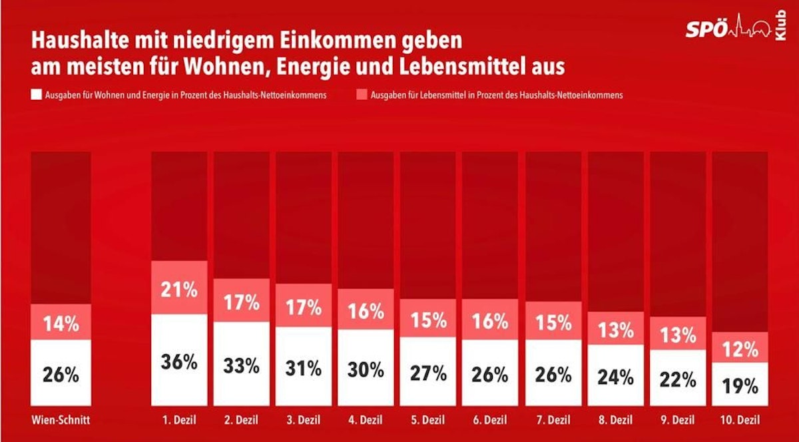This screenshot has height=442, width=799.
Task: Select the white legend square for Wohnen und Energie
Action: pos(37,95)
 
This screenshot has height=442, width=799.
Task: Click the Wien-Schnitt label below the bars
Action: pos(61,421)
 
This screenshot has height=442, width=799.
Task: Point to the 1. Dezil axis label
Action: pos(179,421)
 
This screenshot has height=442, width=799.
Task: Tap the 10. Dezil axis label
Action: pos(740,421)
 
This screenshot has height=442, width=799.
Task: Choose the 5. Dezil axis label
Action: pos(427,421)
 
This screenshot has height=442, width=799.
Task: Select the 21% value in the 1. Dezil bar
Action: pos(179,290)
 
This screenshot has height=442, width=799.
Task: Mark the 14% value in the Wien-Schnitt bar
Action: pos(61,324)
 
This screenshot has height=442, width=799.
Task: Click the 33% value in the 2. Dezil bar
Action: pos(241,365)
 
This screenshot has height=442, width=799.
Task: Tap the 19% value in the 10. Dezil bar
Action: pos(740,385)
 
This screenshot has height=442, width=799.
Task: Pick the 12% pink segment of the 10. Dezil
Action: pos(740,348)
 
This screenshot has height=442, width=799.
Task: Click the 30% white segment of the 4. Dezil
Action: pos(366,367)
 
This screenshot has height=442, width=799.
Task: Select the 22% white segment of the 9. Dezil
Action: pos(678,379)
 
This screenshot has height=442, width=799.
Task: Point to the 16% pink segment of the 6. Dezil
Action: pos(489,320)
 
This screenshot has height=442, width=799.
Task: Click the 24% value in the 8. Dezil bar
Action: pos(616,377)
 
